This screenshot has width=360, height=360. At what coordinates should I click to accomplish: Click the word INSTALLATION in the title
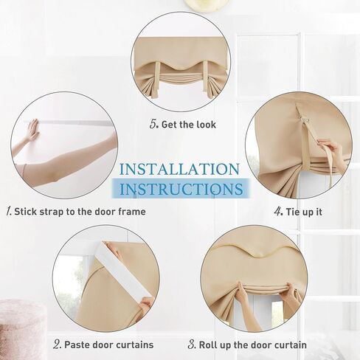click(179, 169)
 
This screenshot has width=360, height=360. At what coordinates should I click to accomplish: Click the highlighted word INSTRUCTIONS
click(181, 189)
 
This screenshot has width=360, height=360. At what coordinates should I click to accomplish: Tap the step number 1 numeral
click(9, 212)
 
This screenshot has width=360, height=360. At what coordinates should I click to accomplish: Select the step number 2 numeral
click(57, 345)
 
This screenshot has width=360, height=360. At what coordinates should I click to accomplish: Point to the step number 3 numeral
click(192, 345)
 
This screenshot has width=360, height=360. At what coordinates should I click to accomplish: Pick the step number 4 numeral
click(279, 212)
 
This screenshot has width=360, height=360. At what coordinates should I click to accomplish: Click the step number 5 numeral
click(153, 124)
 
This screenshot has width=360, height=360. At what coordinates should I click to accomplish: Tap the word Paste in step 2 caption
click(76, 345)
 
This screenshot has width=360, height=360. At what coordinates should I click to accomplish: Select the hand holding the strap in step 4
click(330, 148)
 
